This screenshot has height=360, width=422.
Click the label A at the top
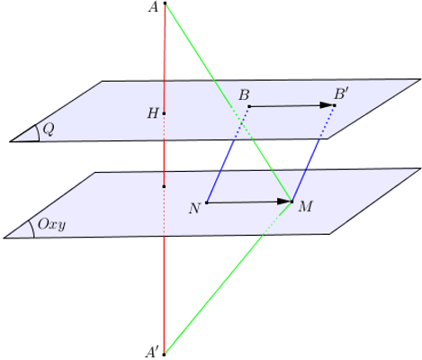click(x=153, y=7)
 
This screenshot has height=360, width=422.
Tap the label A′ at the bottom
click(x=152, y=352)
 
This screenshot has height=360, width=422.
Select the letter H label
click(x=153, y=113)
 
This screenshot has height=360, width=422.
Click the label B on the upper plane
click(x=244, y=95)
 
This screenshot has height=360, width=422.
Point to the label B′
click(x=341, y=94)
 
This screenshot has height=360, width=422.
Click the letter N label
click(x=194, y=208)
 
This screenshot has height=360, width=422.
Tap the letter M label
click(x=305, y=207)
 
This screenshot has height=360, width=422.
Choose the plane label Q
click(x=49, y=130)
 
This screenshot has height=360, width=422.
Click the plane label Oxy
click(x=51, y=224)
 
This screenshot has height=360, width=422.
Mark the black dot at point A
click(x=165, y=4)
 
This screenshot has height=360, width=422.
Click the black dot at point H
click(x=164, y=113)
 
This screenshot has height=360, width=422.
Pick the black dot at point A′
click(x=164, y=355)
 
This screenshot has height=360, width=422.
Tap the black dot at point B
click(x=249, y=106)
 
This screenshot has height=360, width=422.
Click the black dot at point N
click(x=207, y=202)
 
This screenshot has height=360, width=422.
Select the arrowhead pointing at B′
click(x=327, y=105)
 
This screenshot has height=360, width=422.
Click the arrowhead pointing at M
click(x=283, y=202)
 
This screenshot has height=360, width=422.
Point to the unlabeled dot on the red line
click(x=164, y=186)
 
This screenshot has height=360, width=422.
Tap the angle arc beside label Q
click(x=38, y=132)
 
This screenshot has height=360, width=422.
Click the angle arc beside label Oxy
click(x=32, y=229)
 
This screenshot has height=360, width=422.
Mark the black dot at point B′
click(x=335, y=105)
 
